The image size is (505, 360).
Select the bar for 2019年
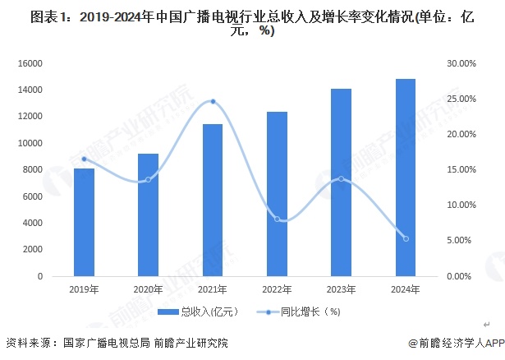click(x=84, y=222)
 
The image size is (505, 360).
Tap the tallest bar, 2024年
click(x=406, y=178)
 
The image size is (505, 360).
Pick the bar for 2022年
click(x=277, y=194)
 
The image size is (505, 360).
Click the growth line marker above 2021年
click(x=213, y=101)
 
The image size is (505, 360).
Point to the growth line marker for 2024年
click(x=406, y=239)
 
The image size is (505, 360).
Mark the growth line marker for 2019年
click(x=84, y=159)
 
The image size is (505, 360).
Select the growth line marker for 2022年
click(x=277, y=219)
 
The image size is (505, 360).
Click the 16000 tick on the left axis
click(x=32, y=63)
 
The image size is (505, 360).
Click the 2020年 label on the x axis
click(x=148, y=288)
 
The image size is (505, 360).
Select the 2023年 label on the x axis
click(x=341, y=288)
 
